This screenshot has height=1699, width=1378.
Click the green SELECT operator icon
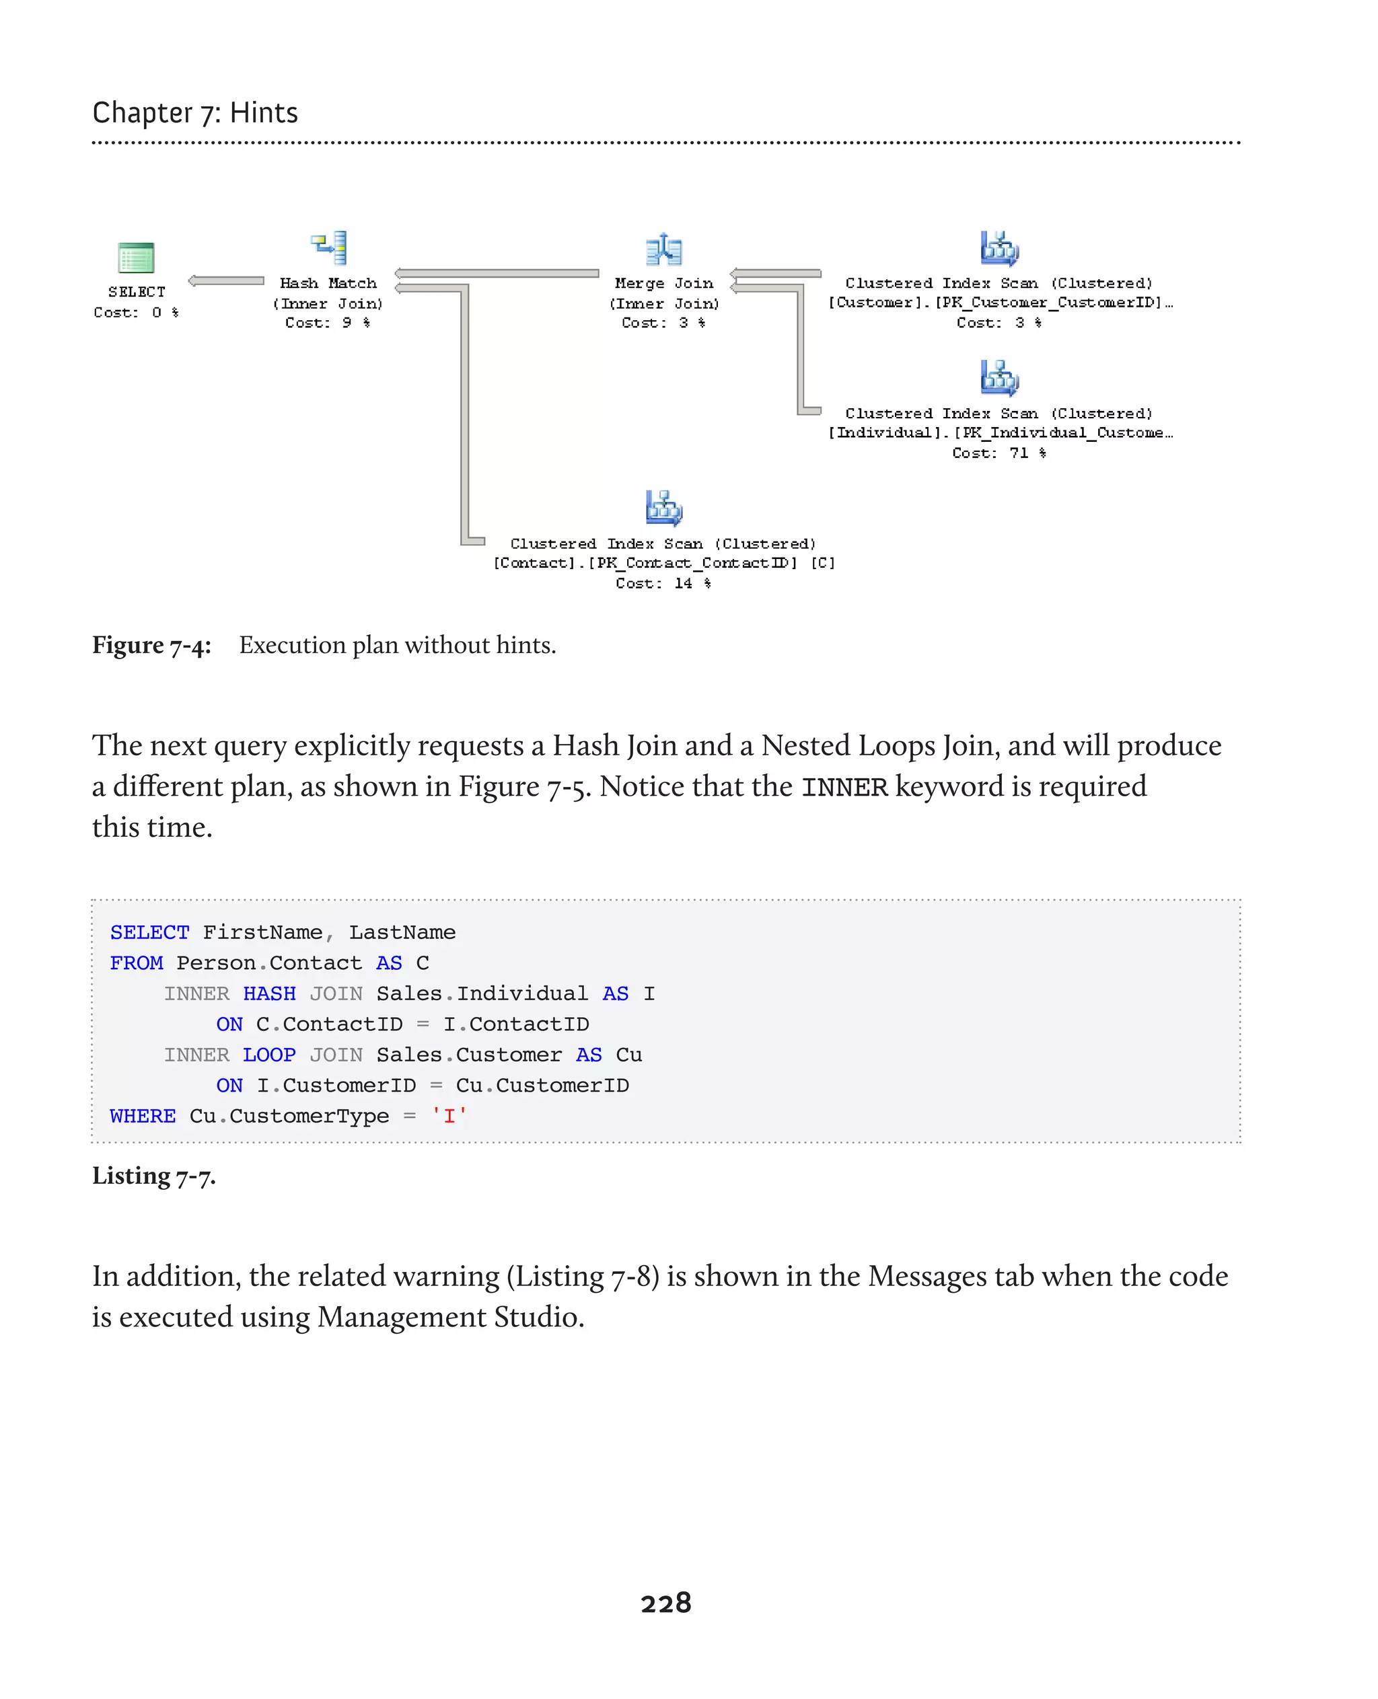(x=136, y=258)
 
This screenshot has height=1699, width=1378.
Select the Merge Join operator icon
(x=663, y=250)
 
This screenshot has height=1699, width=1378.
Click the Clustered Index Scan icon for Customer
(x=999, y=248)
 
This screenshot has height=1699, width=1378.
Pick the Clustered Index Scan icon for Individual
(x=999, y=378)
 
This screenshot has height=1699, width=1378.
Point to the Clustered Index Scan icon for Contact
(x=663, y=508)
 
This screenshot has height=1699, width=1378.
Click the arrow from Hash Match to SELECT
(x=226, y=281)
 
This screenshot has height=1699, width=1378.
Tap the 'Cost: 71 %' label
(x=999, y=453)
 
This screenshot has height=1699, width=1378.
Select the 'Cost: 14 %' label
(x=663, y=583)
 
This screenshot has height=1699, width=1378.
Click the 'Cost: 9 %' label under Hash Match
(x=328, y=323)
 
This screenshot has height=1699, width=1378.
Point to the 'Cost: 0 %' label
(x=136, y=313)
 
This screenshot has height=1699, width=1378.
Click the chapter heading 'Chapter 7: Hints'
(x=195, y=113)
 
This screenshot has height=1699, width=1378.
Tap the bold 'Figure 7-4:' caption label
(x=151, y=645)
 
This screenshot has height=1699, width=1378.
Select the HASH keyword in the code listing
(x=269, y=993)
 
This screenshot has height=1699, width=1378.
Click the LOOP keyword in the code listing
(x=269, y=1055)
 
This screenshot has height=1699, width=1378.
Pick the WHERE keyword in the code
(x=143, y=1116)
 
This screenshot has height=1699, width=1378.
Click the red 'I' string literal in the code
(x=449, y=1116)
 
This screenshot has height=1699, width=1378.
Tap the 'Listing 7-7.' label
(x=154, y=1175)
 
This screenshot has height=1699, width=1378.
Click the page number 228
(x=666, y=1603)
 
